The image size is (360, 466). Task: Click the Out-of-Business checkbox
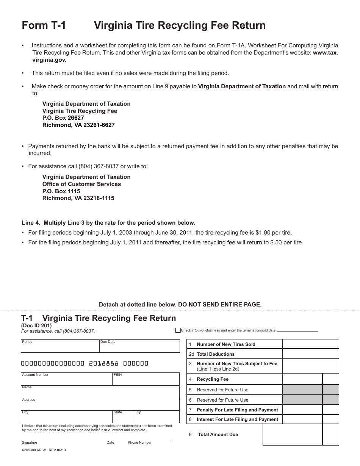[x=178, y=330]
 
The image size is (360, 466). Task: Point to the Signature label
[x=30, y=443]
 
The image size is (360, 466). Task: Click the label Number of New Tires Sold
[x=226, y=344]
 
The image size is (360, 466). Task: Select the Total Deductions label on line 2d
[x=216, y=354]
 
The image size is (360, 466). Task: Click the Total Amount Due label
[x=218, y=435]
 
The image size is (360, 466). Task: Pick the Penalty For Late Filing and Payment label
[x=237, y=410]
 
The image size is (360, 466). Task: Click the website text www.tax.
[x=325, y=53]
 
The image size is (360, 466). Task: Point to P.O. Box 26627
[x=63, y=118]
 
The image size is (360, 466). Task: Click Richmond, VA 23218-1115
[x=78, y=198]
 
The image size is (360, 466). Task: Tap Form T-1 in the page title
[x=44, y=25]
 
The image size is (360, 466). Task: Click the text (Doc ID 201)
[x=36, y=325]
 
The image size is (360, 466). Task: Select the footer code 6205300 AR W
[x=34, y=450]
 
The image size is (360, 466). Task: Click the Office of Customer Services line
[x=81, y=184]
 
